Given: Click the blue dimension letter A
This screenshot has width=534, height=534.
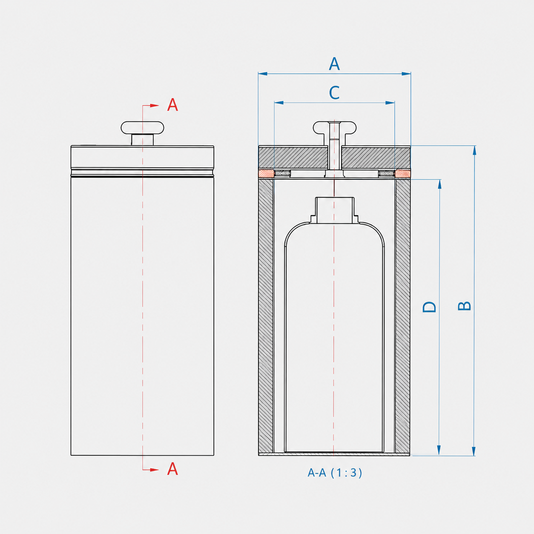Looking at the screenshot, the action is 334,64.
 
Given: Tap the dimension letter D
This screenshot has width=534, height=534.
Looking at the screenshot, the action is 429,307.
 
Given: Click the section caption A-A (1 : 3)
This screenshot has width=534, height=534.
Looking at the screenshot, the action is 335,473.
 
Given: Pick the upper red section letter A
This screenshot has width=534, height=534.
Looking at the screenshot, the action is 172,105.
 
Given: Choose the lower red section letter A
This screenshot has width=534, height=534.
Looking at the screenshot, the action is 172,469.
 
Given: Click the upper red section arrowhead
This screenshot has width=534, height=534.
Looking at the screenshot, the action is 154,105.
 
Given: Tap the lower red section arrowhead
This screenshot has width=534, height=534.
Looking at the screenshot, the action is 154,470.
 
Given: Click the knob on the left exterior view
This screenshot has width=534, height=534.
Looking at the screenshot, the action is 142,133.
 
